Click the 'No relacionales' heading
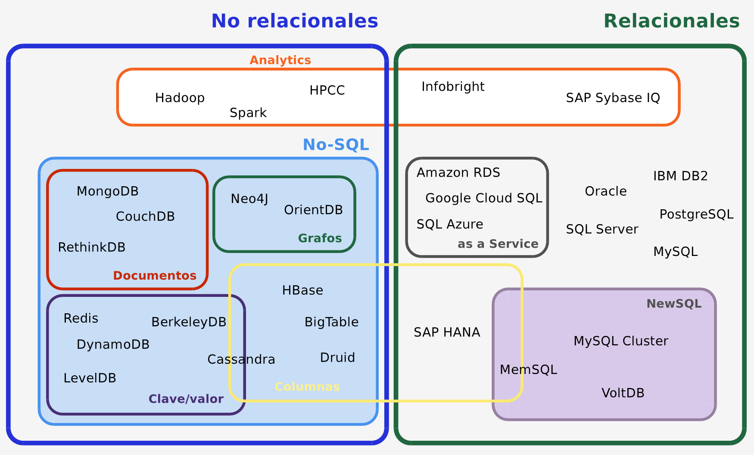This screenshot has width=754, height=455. coord(294,21)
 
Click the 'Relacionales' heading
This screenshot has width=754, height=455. coord(671,21)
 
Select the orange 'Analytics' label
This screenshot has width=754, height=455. coord(280,60)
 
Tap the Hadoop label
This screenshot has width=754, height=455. coord(180,98)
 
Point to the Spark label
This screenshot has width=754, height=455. coord(248,113)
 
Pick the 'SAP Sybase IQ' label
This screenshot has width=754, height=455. coord(613,98)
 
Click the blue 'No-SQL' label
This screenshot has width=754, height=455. coord(336,145)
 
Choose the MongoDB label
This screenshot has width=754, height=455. coord(107,191)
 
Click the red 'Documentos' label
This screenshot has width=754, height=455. coord(155,276)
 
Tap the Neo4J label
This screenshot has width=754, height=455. coord(249,199)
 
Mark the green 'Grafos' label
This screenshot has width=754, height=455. coord(320,238)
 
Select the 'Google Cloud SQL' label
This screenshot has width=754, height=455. coord(483,198)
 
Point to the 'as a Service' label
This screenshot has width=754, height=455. coord(498,244)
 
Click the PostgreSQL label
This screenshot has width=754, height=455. coord(696,214)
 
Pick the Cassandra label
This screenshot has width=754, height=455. coord(241,359)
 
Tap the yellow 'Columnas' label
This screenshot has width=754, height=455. coord(307,387)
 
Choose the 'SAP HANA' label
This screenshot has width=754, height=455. coord(447,332)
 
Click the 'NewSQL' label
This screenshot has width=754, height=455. coord(674,304)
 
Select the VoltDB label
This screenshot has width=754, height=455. coord(623,393)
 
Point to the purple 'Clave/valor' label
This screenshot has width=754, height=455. coord(186,399)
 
